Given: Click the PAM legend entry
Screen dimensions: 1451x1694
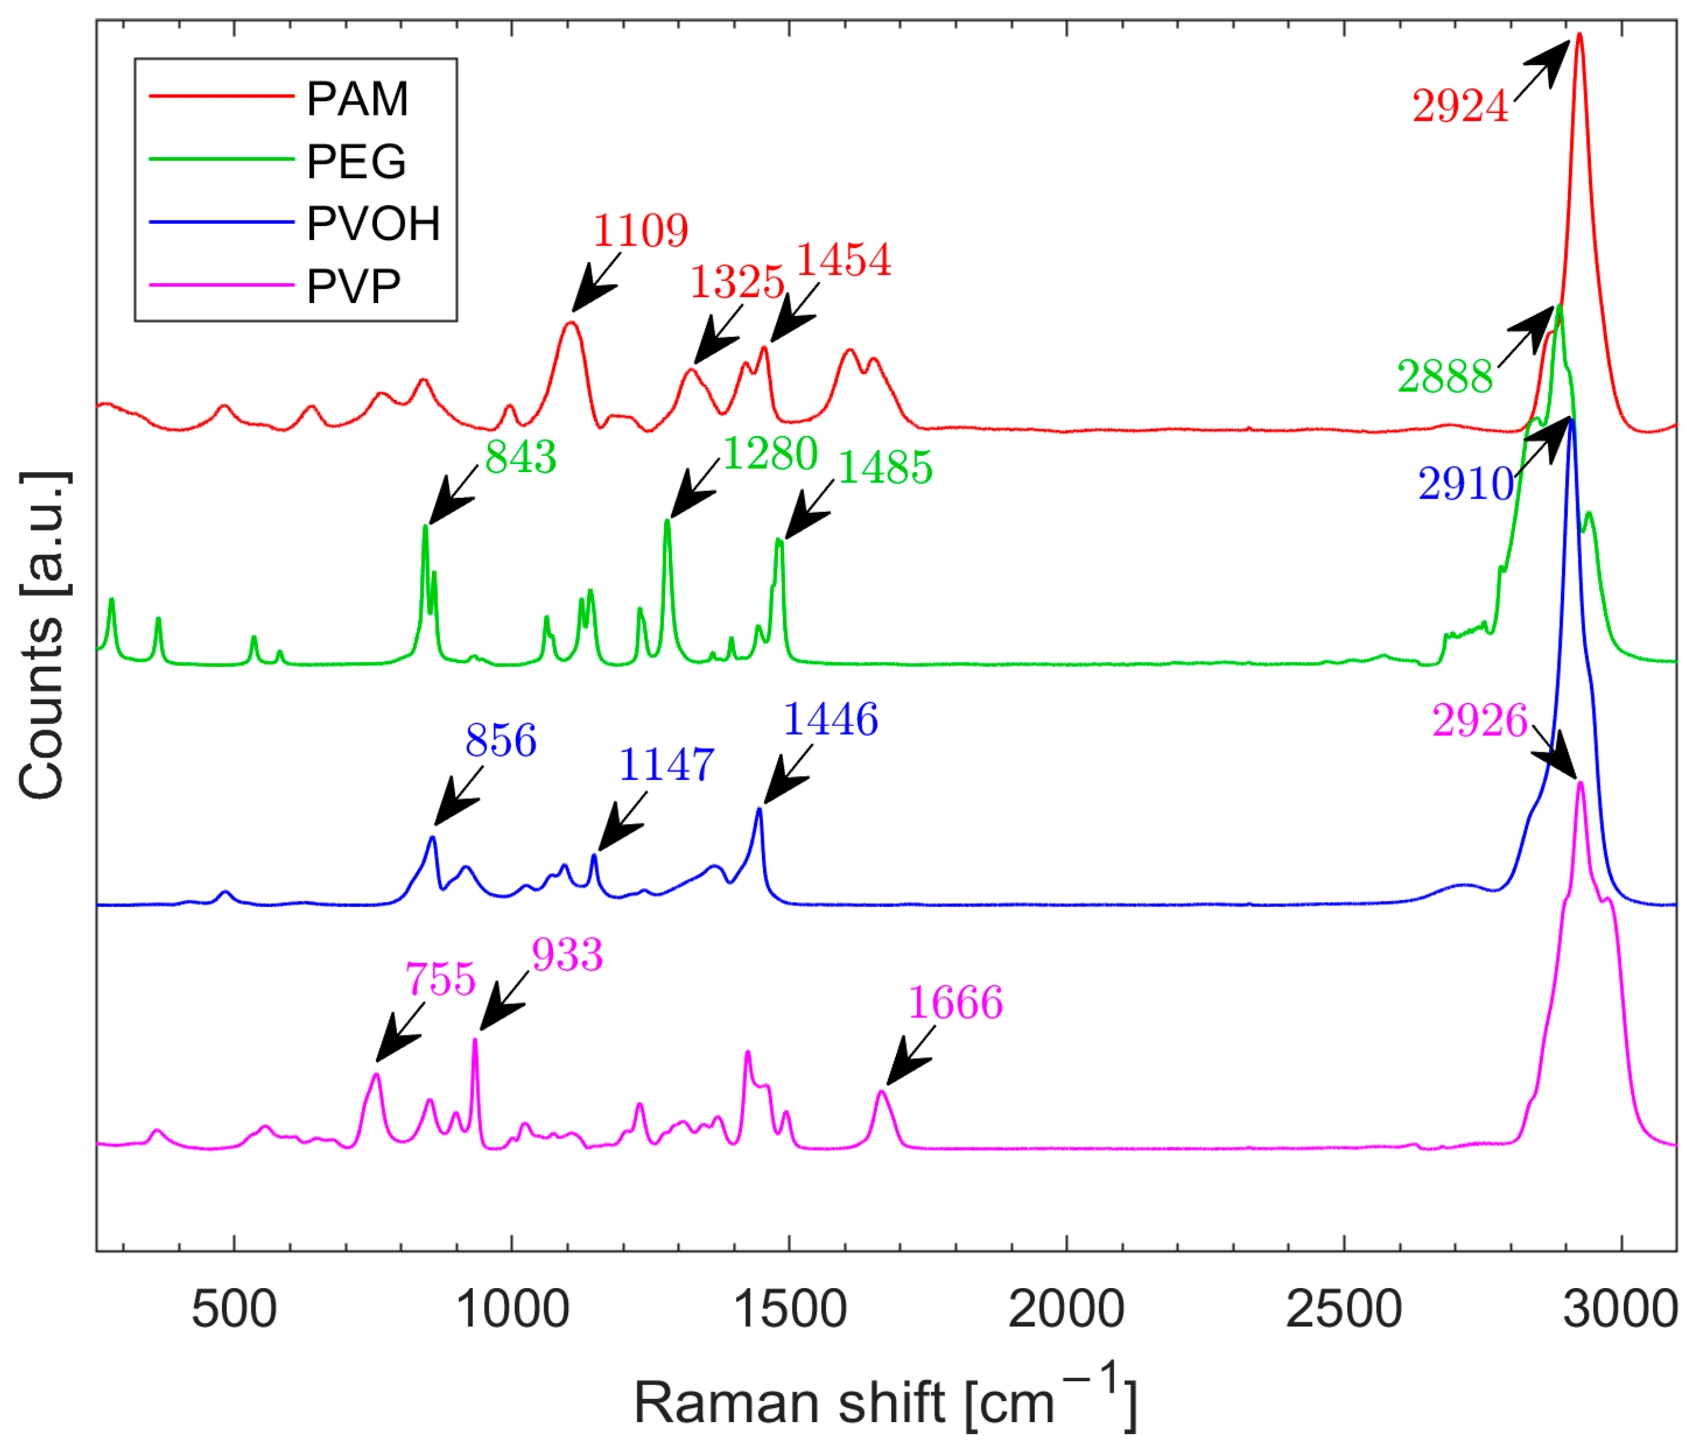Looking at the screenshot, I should pos(357,99).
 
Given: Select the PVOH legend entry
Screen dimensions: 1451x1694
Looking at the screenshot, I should pos(373,224).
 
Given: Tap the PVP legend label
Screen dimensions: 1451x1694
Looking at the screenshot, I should pos(353,287).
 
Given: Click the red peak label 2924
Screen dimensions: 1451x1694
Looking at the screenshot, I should pos(1460,107).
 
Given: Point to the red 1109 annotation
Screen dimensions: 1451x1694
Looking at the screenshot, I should pos(640,232).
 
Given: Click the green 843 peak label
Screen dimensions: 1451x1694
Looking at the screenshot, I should pos(521,457).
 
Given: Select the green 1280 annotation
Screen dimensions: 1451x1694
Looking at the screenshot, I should pos(770,453).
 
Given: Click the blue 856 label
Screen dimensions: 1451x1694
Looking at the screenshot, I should pos(500,741).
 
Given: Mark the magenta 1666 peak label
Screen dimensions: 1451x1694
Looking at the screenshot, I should pos(955,1003).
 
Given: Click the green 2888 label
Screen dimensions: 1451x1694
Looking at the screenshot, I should pos(1444,378).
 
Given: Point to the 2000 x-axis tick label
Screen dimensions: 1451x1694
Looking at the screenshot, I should pos(1066,1310).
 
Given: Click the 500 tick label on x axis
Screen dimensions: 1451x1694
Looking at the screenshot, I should pos(235,1310).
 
